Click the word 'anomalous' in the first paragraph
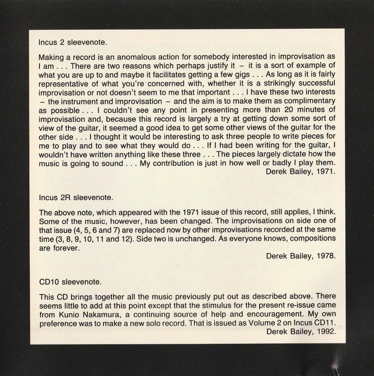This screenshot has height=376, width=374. tap(134, 57)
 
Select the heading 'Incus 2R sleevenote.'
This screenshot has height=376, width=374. tap(76, 198)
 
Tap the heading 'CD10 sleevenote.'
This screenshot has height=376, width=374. tap(70, 282)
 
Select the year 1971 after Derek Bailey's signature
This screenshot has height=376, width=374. tap(326, 172)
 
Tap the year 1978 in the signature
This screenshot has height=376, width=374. tap(326, 256)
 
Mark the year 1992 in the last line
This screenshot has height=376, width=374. tap(326, 331)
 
